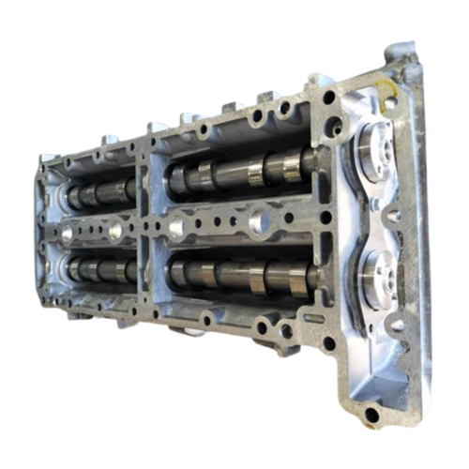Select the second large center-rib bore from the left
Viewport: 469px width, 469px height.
click(114, 229)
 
